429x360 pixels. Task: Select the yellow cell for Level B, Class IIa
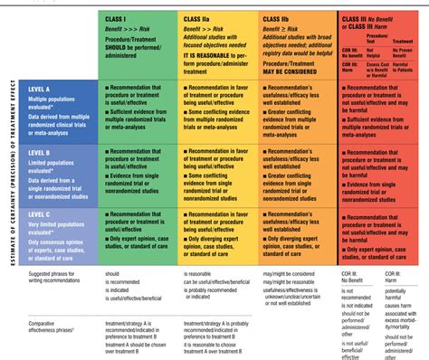[x=220, y=176]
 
